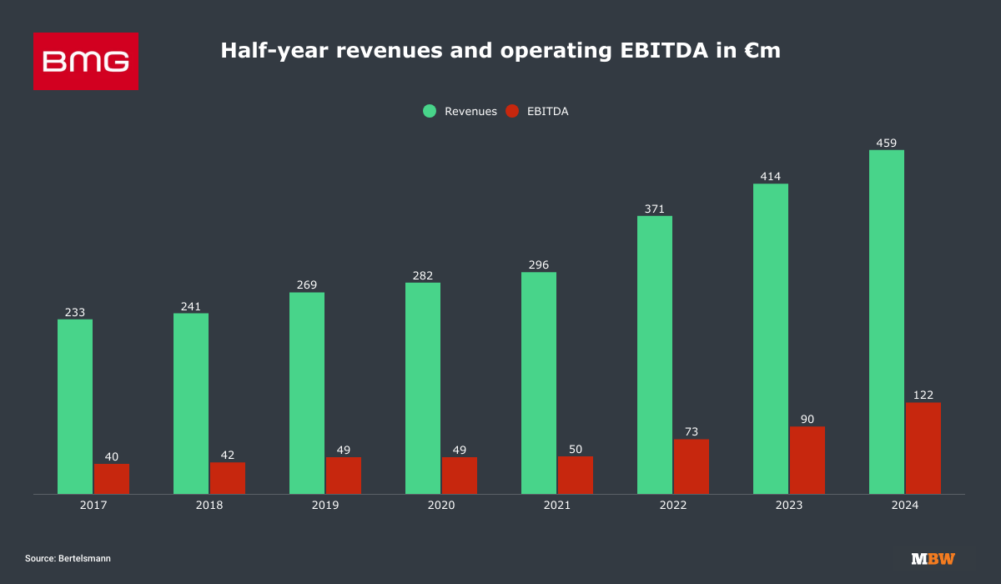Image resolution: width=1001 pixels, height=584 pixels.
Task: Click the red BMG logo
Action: (x=85, y=61)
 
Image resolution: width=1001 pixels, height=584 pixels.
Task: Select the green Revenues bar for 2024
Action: (x=886, y=322)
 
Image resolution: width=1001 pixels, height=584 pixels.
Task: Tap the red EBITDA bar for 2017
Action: (x=112, y=479)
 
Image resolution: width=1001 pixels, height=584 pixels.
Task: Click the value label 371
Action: (x=655, y=209)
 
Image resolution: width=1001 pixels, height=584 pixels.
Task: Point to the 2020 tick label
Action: (x=440, y=506)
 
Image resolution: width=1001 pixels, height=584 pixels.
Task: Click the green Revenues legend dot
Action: (x=430, y=111)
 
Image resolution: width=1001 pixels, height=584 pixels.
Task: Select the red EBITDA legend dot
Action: (x=512, y=111)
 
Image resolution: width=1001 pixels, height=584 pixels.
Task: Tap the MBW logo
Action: (x=933, y=558)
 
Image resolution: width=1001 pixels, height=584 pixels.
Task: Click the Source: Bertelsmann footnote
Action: (x=68, y=558)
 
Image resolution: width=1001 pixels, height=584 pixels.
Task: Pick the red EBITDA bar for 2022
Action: (x=692, y=466)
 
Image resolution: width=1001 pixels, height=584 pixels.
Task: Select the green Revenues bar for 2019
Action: (x=307, y=393)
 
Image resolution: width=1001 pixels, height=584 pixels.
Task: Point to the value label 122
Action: (x=923, y=395)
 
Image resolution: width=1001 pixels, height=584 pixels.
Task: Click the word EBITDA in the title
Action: (x=621, y=51)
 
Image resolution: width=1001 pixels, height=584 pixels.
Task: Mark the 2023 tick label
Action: (x=788, y=506)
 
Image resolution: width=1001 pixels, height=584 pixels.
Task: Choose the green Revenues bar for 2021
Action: (x=539, y=383)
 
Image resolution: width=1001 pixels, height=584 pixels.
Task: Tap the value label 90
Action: (x=807, y=419)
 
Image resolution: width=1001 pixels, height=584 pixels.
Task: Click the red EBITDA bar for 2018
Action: (x=228, y=478)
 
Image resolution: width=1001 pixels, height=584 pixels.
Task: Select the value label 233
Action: (x=75, y=312)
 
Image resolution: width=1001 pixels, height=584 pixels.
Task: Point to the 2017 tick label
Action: (x=93, y=506)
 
